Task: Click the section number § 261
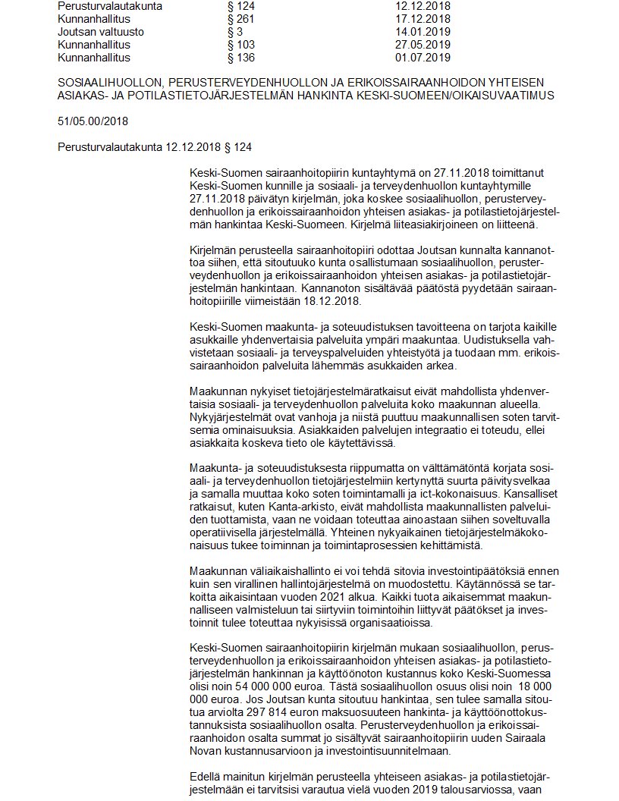(x=242, y=19)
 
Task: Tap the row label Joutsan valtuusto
(x=101, y=32)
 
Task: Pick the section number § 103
(x=242, y=45)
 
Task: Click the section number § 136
(x=242, y=58)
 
